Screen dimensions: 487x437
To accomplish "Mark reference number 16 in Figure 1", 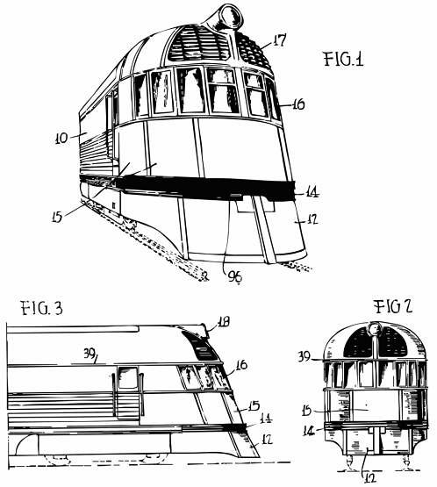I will pyautogui.click(x=297, y=104).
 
